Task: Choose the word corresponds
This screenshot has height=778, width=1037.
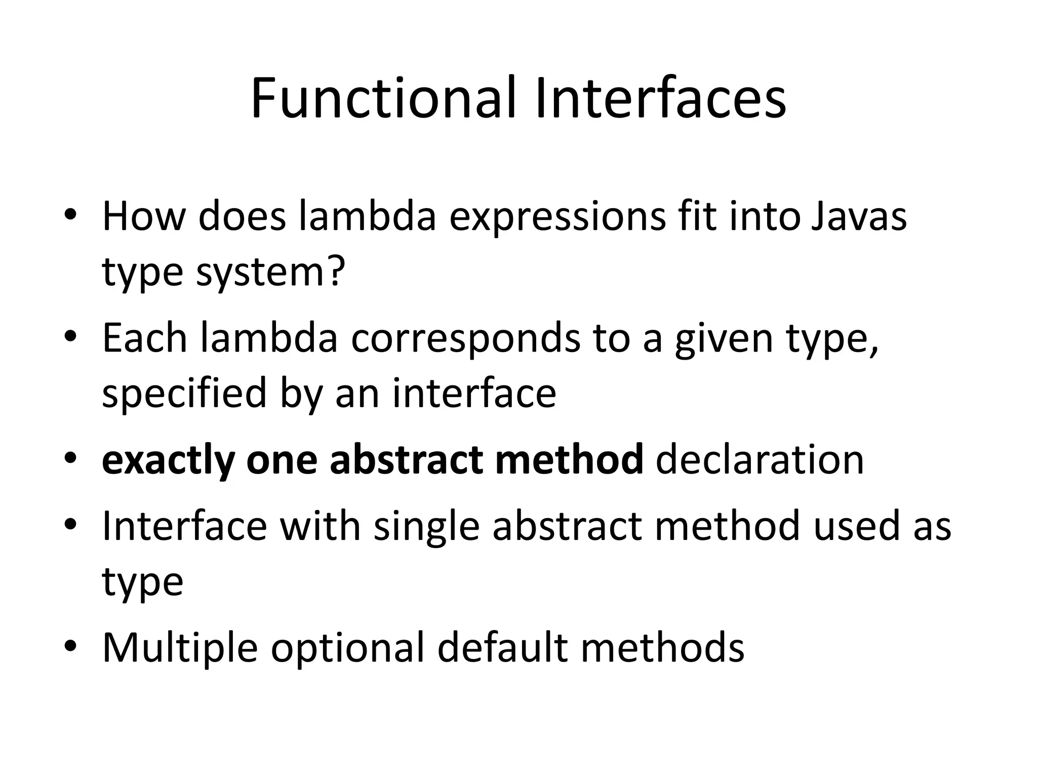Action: tap(466, 339)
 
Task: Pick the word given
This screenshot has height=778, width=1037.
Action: tap(724, 339)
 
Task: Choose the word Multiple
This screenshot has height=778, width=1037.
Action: tap(180, 648)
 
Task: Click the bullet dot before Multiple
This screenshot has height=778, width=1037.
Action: tap(70, 647)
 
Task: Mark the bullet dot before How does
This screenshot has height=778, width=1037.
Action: tap(70, 215)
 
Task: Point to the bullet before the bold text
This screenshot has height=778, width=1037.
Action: tap(70, 458)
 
